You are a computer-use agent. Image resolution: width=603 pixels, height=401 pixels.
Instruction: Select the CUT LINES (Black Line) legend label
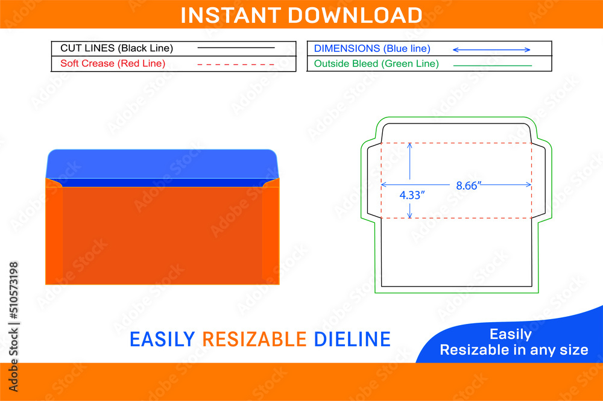116,48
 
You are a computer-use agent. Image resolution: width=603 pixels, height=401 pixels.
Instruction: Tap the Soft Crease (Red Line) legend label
113,63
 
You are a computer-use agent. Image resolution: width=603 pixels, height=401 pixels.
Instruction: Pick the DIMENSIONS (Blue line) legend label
372,48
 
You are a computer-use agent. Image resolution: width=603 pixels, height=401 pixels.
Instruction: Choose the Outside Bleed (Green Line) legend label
376,63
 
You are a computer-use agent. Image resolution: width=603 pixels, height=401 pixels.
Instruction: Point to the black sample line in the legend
236,48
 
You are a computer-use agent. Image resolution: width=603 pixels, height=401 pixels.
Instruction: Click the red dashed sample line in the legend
236,64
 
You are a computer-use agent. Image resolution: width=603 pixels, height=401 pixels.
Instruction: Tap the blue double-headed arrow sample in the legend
491,49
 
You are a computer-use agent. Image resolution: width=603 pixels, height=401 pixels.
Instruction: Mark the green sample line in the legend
492,64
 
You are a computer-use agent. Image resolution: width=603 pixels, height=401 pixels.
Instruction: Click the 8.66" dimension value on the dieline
467,186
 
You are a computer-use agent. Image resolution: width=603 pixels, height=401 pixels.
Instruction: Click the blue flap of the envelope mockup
162,163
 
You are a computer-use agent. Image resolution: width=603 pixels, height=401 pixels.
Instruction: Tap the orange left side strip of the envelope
54,235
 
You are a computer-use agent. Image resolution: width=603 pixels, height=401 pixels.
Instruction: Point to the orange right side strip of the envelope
271,235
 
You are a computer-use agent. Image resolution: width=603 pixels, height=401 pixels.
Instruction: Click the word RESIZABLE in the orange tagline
254,340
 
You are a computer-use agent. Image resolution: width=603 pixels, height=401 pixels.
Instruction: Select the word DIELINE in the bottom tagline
352,340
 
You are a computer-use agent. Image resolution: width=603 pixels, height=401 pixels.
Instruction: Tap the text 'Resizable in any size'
514,350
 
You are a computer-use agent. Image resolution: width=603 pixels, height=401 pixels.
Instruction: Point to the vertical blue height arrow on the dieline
410,181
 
